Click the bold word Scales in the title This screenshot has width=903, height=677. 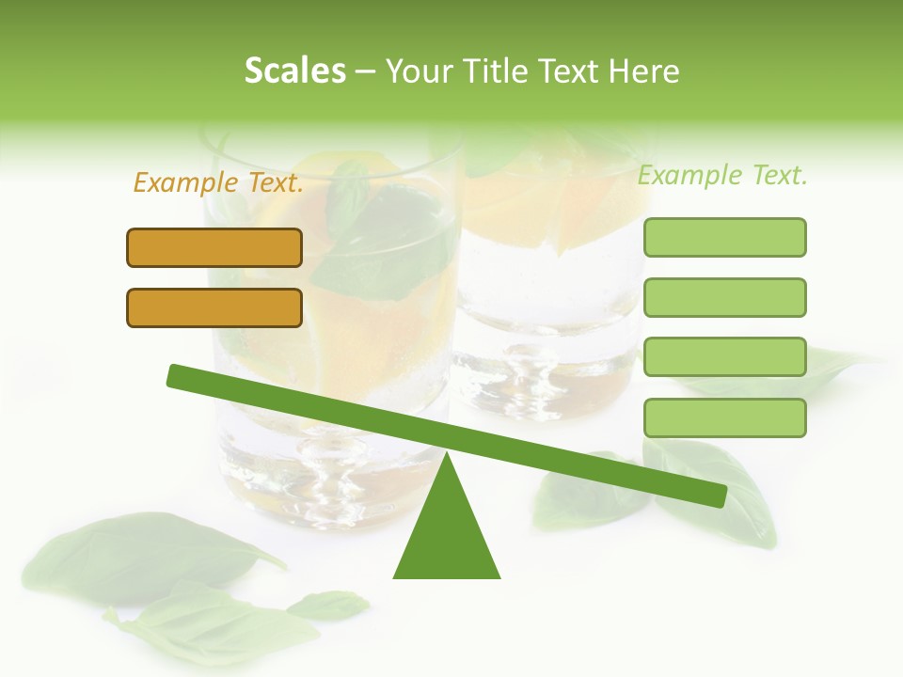pyautogui.click(x=294, y=71)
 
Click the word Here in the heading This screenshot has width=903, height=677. pyautogui.click(x=644, y=71)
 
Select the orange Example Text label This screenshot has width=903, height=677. pyautogui.click(x=218, y=183)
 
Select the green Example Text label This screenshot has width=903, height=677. pyautogui.click(x=722, y=175)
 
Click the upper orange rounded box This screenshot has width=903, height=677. pyautogui.click(x=214, y=247)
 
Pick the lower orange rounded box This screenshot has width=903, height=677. pyautogui.click(x=214, y=307)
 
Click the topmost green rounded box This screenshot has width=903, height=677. pyautogui.click(x=724, y=237)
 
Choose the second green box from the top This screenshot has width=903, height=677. pyautogui.click(x=724, y=297)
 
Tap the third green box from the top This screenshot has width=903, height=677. pyautogui.click(x=724, y=356)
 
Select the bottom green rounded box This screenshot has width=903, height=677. pyautogui.click(x=724, y=417)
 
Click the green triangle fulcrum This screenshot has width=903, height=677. pyautogui.click(x=447, y=536)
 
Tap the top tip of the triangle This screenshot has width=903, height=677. pyautogui.click(x=447, y=455)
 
